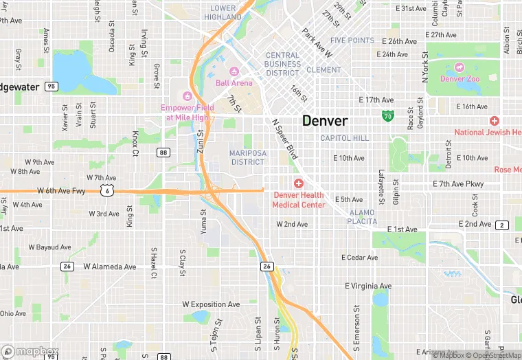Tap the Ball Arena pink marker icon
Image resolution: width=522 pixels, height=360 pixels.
click(x=234, y=71)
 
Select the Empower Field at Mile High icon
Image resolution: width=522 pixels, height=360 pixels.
click(x=186, y=95)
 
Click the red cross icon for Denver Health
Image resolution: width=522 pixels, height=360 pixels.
click(x=298, y=183)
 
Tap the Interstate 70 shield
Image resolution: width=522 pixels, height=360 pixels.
click(x=388, y=115)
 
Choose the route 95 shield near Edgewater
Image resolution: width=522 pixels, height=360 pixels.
click(x=51, y=87)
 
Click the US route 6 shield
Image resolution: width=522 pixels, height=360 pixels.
click(x=107, y=191)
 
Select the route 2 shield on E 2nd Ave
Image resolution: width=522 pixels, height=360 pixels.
click(x=503, y=225)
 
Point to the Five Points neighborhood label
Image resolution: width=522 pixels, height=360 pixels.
click(x=352, y=41)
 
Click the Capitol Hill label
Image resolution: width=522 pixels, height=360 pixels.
click(x=345, y=138)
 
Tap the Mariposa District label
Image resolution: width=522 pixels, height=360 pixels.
click(x=247, y=157)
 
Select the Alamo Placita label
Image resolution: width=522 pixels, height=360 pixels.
click(x=363, y=217)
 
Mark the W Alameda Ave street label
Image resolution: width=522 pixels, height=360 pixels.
click(x=110, y=267)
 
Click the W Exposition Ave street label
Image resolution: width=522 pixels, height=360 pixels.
click(x=211, y=304)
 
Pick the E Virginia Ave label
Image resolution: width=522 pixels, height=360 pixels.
click(x=368, y=286)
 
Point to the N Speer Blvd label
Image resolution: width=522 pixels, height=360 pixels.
click(x=285, y=139)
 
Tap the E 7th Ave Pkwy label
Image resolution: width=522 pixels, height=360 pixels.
click(x=458, y=184)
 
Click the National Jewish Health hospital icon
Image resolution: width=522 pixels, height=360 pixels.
click(x=495, y=121)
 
